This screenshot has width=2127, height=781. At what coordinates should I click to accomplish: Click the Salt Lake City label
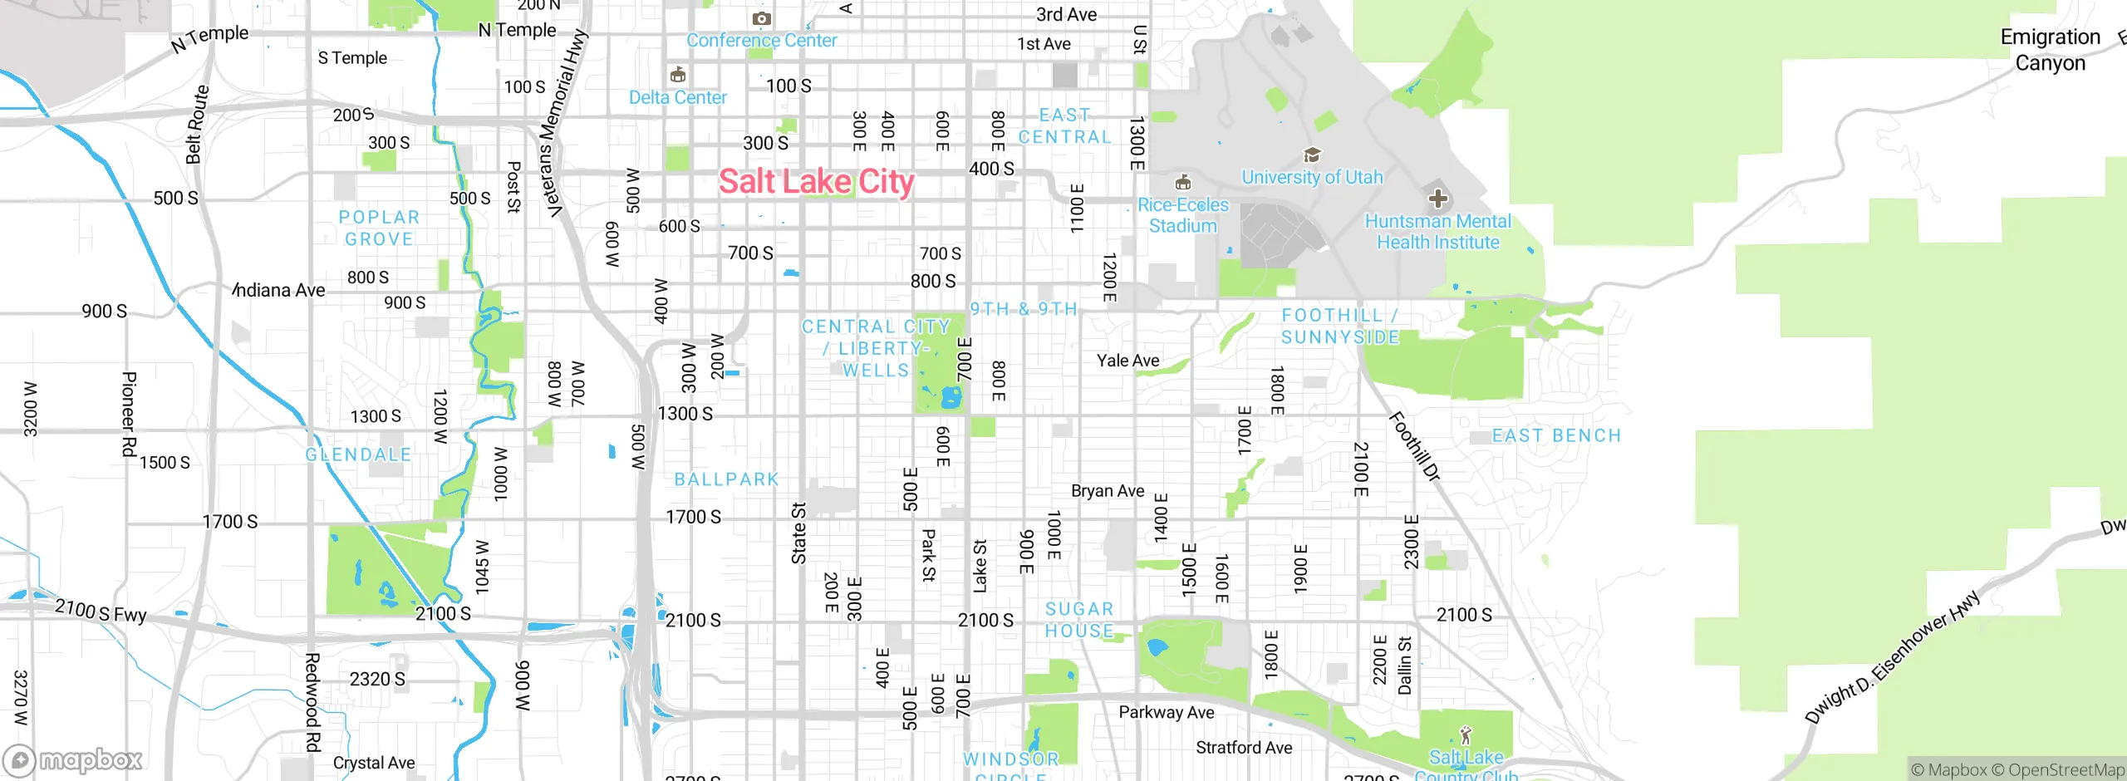(816, 181)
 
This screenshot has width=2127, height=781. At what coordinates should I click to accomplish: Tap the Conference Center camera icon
(761, 18)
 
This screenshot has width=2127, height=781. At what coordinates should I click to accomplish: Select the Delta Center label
(677, 98)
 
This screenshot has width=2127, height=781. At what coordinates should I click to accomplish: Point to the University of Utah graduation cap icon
(1312, 155)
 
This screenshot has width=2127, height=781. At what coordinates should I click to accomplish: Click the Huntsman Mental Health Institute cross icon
(1437, 199)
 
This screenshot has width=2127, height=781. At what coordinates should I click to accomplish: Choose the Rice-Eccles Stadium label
(1182, 215)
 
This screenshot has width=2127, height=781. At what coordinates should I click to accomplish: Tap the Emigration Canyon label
(2050, 50)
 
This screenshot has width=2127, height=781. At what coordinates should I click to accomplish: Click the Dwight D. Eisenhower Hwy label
(1892, 657)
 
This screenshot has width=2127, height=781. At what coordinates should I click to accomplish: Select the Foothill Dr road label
(1414, 446)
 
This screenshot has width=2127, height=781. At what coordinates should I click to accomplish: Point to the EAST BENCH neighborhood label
(1556, 435)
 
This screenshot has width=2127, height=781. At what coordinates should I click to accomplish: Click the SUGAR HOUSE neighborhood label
(1078, 620)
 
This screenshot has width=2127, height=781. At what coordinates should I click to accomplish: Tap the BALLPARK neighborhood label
(726, 479)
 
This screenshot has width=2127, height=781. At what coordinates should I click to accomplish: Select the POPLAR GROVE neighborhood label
(379, 228)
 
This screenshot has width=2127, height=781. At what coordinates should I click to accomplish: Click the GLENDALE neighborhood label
(358, 454)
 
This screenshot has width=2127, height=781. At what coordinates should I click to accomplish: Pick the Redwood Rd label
(312, 702)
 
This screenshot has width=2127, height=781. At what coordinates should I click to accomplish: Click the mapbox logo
(73, 759)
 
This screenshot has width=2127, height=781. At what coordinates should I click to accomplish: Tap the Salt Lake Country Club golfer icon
(1466, 735)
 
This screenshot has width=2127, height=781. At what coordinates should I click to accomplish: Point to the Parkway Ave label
(1166, 712)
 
